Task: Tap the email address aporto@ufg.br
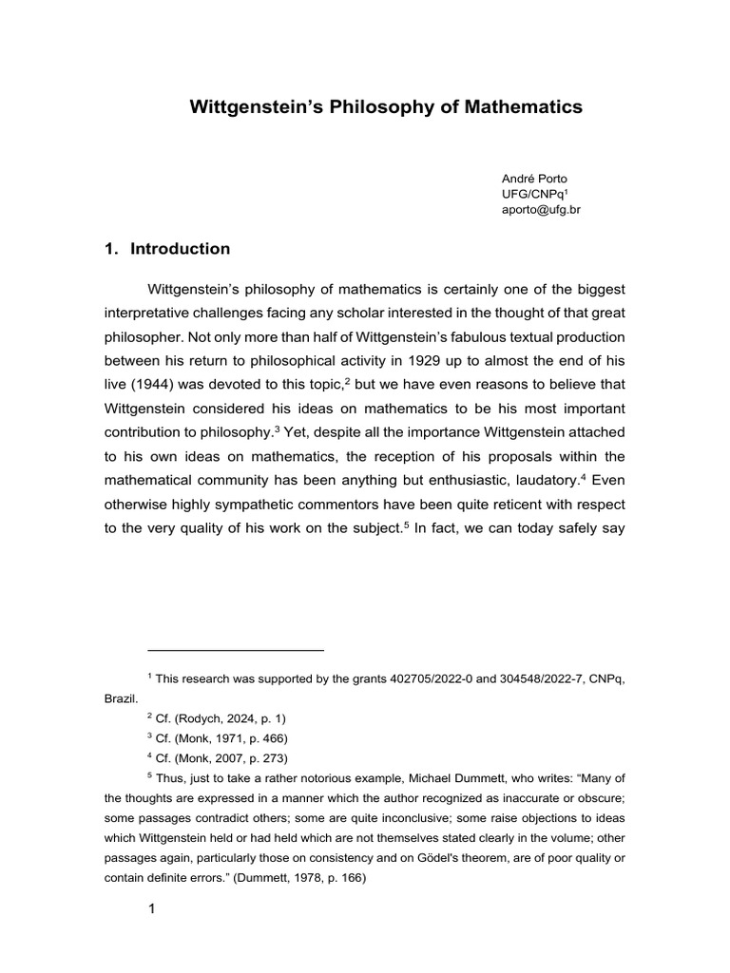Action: pyautogui.click(x=541, y=210)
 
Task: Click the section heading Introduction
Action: pyautogui.click(x=180, y=249)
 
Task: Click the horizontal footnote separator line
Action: pyautogui.click(x=236, y=650)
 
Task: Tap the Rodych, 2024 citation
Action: pyautogui.click(x=220, y=717)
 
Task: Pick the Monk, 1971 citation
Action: pyautogui.click(x=214, y=737)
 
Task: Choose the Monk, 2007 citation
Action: pyautogui.click(x=214, y=757)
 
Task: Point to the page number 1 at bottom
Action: pyautogui.click(x=151, y=908)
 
